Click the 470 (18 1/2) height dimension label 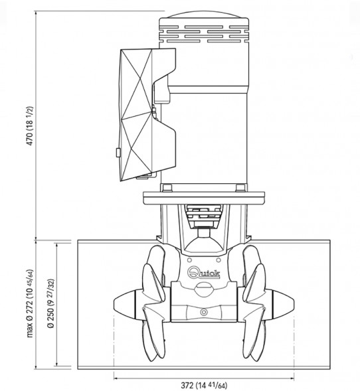[x=30, y=126]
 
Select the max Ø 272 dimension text [x=30, y=303]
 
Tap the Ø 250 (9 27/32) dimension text [x=51, y=303]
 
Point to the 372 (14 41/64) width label [x=204, y=386]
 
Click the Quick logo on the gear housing [x=204, y=272]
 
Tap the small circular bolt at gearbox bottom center [x=204, y=312]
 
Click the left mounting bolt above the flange [x=167, y=187]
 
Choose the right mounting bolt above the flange [x=240, y=187]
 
